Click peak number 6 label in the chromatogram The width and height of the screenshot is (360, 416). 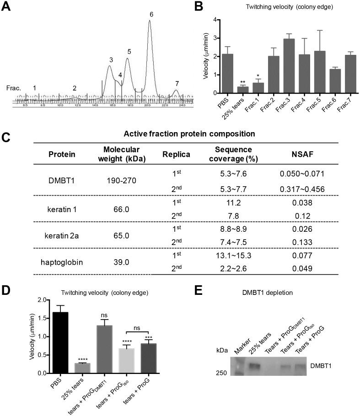pos(151,15)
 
